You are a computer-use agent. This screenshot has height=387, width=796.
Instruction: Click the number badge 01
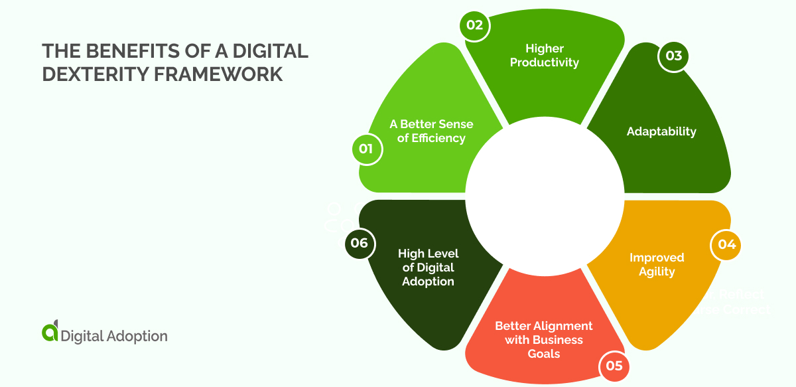[x=366, y=149]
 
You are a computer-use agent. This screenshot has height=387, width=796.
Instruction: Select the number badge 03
[x=673, y=56]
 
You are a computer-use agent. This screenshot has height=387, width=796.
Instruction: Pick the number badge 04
[x=726, y=244]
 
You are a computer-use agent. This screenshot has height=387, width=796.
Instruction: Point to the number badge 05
[x=614, y=366]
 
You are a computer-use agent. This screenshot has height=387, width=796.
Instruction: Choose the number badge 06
[x=360, y=243]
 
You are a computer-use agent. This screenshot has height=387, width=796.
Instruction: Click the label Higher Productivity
[x=544, y=55]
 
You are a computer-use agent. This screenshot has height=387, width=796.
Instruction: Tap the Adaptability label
[x=661, y=131]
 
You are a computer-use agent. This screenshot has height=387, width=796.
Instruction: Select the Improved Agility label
[x=657, y=264]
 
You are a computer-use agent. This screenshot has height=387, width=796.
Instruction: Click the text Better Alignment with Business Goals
[x=544, y=339]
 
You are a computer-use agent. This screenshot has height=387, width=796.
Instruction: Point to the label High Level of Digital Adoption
[x=428, y=267]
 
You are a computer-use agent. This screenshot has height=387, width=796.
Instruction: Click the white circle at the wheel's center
[x=544, y=193]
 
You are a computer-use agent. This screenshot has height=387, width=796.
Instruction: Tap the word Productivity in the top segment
[x=544, y=62]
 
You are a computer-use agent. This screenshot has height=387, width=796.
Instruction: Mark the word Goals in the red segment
[x=544, y=353]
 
